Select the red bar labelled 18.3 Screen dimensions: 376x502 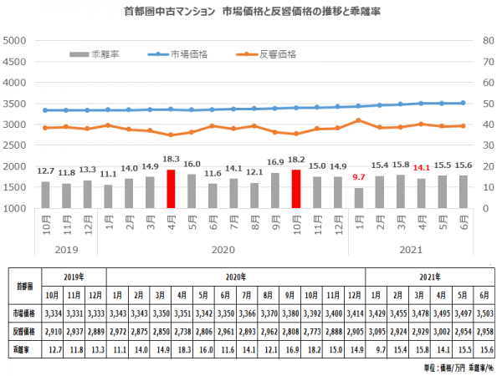(x=171, y=189)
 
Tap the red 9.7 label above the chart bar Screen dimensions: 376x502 (x=358, y=177)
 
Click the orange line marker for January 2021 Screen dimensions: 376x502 (x=358, y=120)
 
